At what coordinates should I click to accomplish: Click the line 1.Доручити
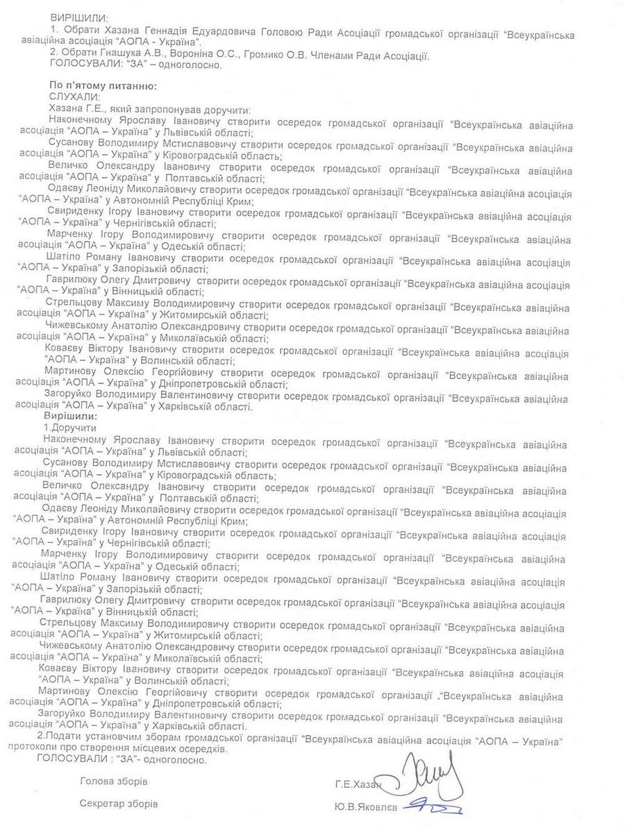coord(70,428)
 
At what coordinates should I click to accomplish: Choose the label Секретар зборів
coord(118,804)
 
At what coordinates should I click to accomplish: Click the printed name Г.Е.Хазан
coord(358,785)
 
